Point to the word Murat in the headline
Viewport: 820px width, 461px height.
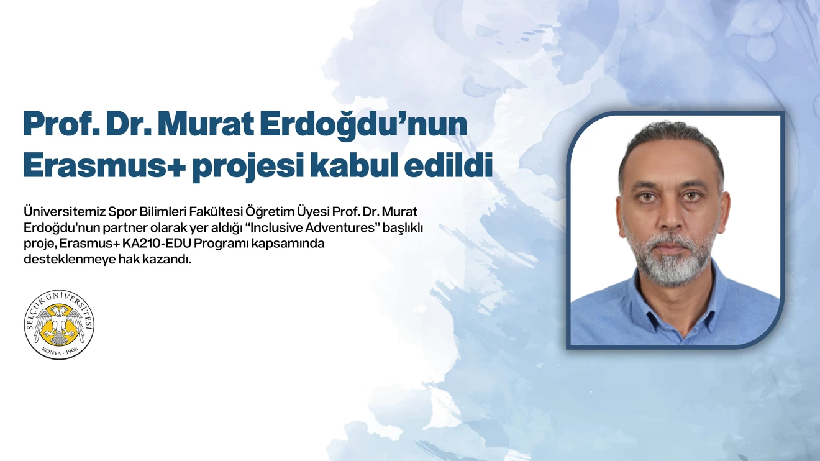click(x=206, y=124)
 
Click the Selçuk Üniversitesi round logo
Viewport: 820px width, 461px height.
click(x=59, y=324)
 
